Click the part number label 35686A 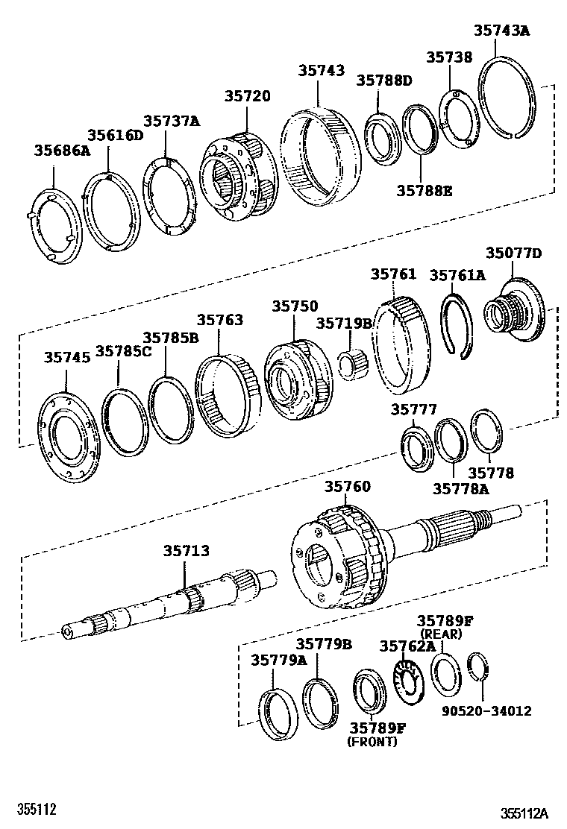[x=61, y=151]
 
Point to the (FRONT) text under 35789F [x=372, y=742]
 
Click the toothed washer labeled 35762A [x=407, y=682]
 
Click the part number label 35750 [x=294, y=306]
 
